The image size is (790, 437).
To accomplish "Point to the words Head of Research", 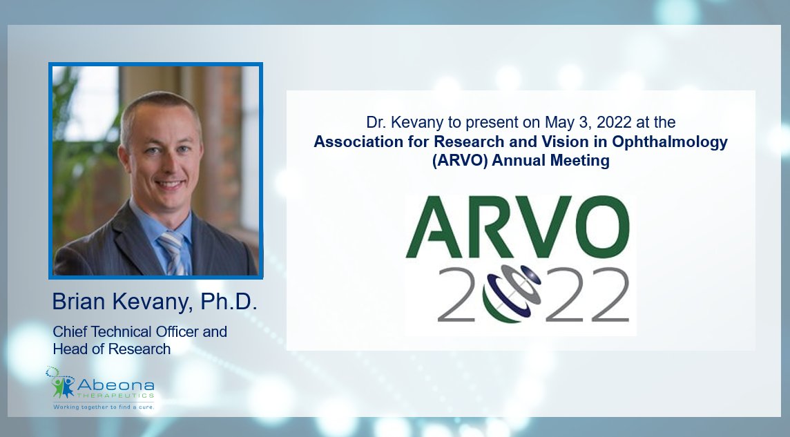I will coord(111,349).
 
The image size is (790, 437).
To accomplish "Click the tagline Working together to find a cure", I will coord(104,407).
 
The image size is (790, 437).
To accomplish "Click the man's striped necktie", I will coord(173,253).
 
